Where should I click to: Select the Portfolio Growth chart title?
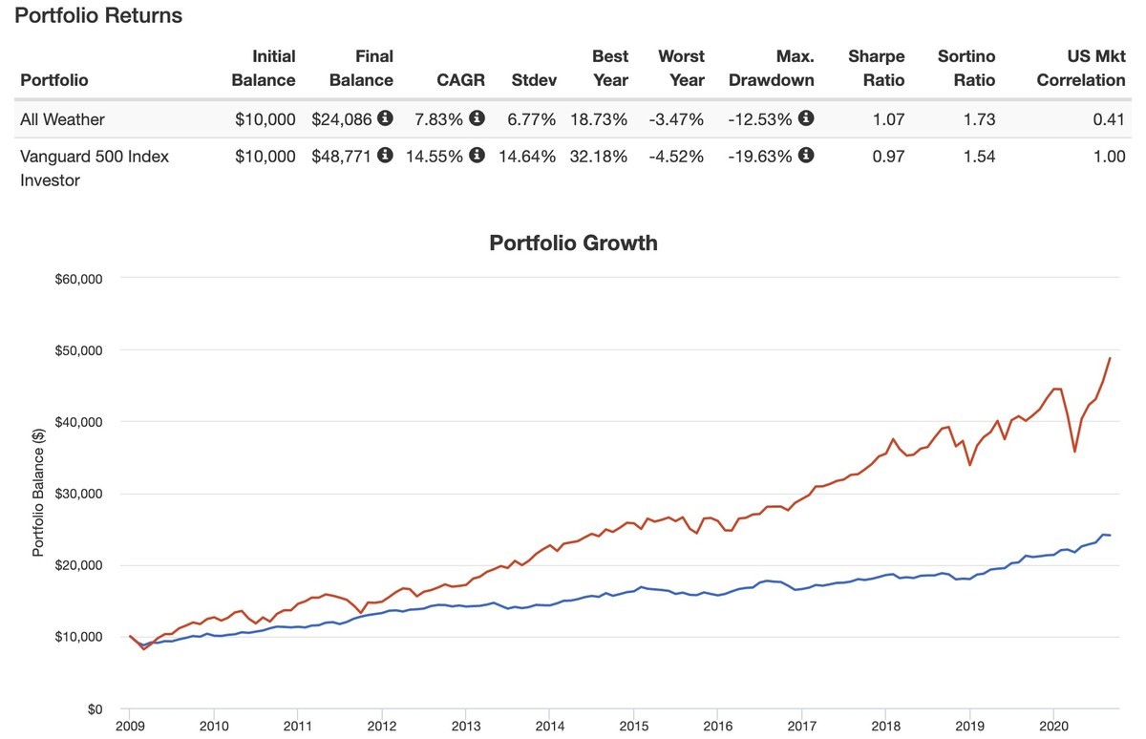point(573,243)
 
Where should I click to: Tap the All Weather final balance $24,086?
point(344,119)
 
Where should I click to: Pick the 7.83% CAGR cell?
point(438,119)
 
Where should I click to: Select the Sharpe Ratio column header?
point(876,68)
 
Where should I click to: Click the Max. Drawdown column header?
point(772,68)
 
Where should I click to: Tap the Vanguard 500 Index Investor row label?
point(94,167)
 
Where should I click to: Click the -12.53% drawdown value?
point(760,119)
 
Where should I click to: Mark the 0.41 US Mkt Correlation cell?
point(1109,119)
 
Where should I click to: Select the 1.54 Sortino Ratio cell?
point(980,157)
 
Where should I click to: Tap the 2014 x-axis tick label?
point(549,725)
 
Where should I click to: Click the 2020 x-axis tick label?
point(1053,725)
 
